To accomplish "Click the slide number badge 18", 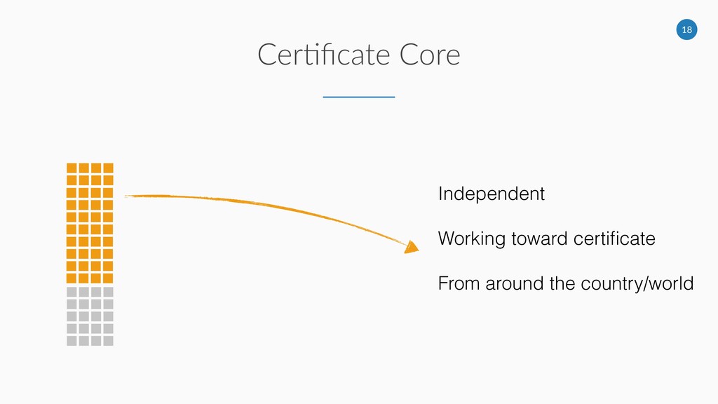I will tap(687, 29).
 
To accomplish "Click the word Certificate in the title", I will tap(322, 55).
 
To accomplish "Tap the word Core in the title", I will tap(429, 55).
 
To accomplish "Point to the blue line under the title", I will tap(358, 97).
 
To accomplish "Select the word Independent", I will tap(491, 194).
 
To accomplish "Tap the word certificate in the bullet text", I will tap(614, 239).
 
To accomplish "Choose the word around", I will tap(504, 284).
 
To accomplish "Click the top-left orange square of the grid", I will tap(71, 168).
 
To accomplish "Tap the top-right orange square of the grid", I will tap(108, 168).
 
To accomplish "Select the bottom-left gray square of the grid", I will tap(71, 341).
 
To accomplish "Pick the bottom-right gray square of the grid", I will tap(108, 341).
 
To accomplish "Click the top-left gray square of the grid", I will tap(71, 291).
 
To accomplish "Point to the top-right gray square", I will tap(108, 291).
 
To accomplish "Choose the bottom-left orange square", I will tap(71, 278).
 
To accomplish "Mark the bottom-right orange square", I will tap(108, 278).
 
